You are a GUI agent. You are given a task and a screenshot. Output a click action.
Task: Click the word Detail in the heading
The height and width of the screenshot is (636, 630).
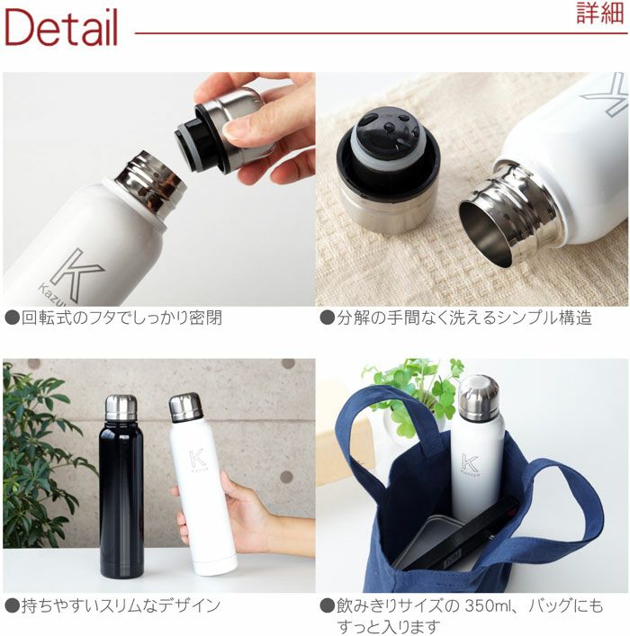61,27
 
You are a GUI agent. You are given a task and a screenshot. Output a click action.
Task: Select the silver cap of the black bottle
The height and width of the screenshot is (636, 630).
121,407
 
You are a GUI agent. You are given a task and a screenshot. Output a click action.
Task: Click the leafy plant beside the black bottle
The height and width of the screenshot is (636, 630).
40,459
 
